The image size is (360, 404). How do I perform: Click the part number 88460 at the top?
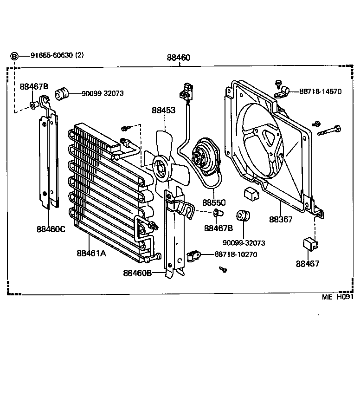pos(178,58)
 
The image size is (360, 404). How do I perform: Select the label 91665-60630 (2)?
pos(57,55)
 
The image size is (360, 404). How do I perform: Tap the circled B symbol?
pos(14,56)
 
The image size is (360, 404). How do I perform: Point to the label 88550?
pos(213,203)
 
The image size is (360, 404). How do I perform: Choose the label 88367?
pos(281,219)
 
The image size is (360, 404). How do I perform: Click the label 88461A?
pos(91,253)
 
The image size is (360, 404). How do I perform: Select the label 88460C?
pos(51,229)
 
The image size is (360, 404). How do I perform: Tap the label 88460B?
pos(137,273)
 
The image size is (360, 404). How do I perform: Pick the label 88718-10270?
pos(236,254)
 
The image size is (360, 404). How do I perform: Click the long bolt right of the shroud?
pos(329,130)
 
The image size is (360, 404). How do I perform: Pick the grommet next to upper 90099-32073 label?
pos(61,93)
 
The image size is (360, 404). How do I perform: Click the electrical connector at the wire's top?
pos(187,90)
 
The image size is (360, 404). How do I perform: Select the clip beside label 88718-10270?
pos(193,254)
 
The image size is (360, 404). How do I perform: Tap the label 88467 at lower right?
pos(308,263)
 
